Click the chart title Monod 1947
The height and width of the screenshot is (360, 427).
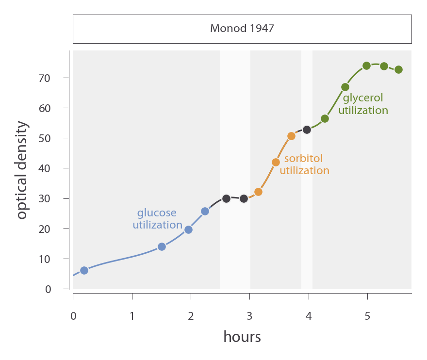tap(242, 29)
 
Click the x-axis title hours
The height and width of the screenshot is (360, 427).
tap(242, 336)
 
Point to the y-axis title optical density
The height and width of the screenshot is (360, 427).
tap(22, 170)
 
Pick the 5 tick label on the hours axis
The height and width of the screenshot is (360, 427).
tap(367, 317)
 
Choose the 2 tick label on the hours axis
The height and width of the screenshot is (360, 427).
tap(191, 317)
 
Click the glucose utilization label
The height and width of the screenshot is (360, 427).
tap(157, 219)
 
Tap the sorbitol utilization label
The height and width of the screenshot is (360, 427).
tap(304, 164)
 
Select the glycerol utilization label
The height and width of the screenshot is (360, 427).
tap(363, 104)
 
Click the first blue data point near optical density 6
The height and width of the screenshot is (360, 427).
tap(84, 270)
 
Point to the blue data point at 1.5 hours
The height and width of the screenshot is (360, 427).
tap(162, 246)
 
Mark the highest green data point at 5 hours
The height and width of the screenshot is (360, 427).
tap(366, 65)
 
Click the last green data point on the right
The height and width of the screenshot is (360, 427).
tap(398, 69)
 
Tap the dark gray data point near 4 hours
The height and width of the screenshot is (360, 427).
tap(307, 130)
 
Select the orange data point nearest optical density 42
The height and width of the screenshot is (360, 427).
tap(276, 162)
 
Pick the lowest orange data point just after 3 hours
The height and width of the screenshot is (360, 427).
tap(258, 192)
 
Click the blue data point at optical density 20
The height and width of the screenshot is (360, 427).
tap(188, 229)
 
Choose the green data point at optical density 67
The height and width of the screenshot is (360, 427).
tap(345, 87)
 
